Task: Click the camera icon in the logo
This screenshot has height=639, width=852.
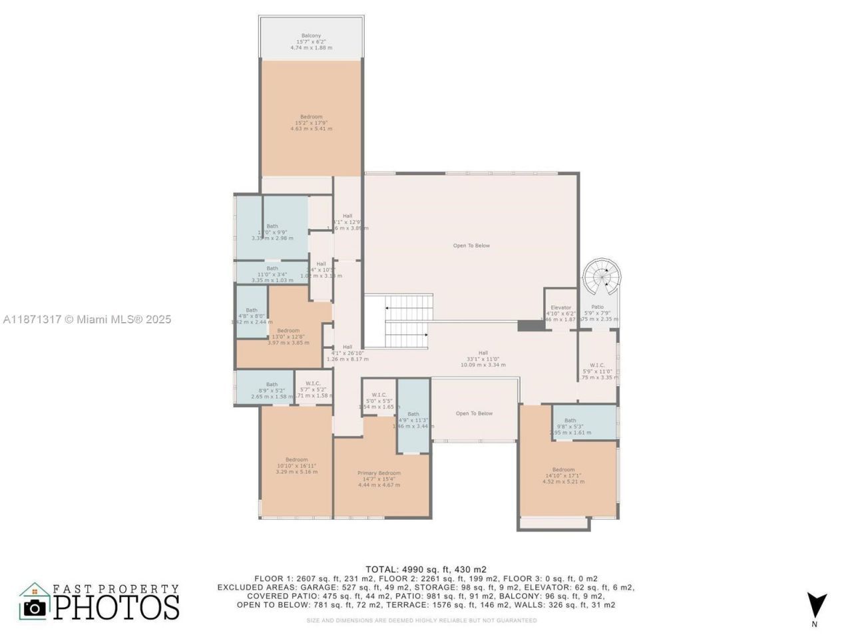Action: pyautogui.click(x=35, y=607)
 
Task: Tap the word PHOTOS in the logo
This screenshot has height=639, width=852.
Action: pyautogui.click(x=116, y=606)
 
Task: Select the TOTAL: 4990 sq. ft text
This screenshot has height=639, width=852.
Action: pyautogui.click(x=426, y=569)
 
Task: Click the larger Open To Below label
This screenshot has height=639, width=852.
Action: pyautogui.click(x=471, y=246)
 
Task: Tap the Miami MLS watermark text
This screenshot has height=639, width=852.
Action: pyautogui.click(x=87, y=319)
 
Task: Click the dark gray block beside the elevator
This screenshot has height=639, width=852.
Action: pyautogui.click(x=531, y=325)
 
